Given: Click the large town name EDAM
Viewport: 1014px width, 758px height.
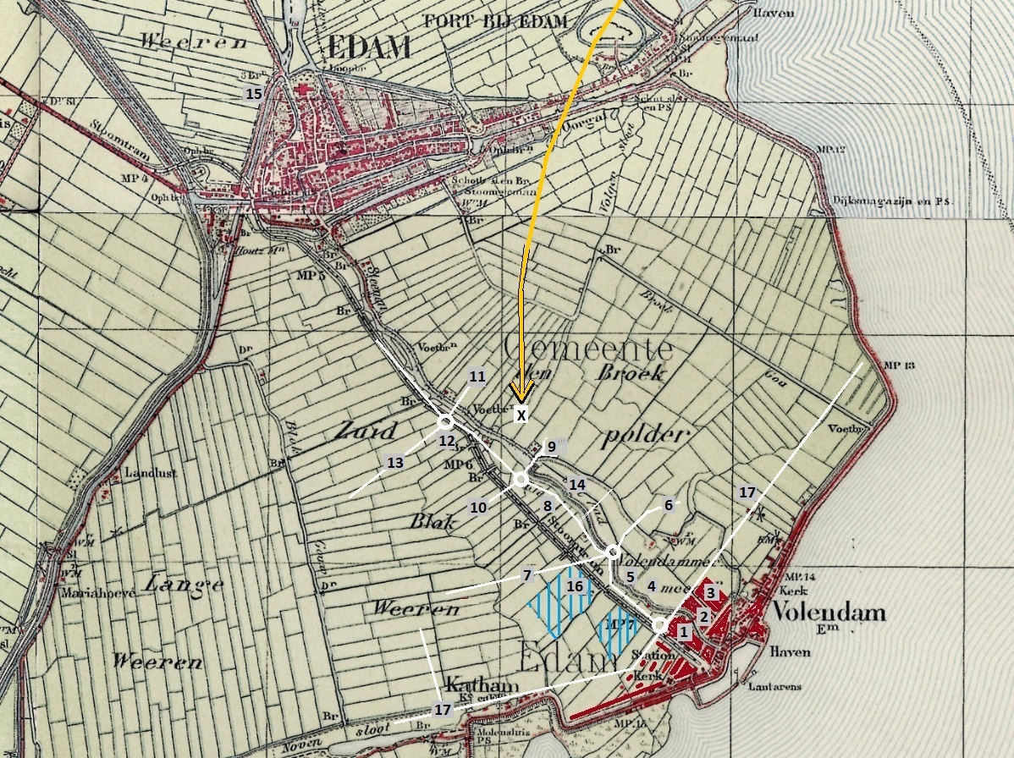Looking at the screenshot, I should coord(366,47).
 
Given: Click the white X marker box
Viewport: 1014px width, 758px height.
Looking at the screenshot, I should coord(521,415).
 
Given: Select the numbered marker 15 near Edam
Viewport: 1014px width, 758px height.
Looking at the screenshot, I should coord(253,94).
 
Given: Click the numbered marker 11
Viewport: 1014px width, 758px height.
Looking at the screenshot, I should coord(477,376).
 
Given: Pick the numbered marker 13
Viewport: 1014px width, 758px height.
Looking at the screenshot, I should coord(394,463).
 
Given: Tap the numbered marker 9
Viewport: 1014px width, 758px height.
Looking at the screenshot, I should coord(550,446).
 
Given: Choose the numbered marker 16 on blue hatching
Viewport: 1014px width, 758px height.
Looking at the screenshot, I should coord(575,585).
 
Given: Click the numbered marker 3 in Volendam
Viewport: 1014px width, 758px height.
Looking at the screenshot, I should coord(711,593).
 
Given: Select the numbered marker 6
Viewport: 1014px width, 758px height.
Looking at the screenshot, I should coord(668,504).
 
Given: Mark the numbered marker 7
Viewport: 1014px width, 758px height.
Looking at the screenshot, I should coord(527,574).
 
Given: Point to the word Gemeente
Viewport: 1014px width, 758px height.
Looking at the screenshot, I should coord(587,348).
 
